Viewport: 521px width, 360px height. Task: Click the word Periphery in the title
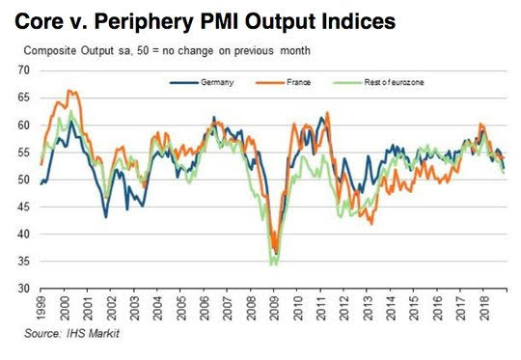(143, 22)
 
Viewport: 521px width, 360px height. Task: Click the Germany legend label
(217, 82)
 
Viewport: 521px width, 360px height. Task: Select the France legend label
(298, 82)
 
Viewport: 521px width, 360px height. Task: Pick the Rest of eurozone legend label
(394, 82)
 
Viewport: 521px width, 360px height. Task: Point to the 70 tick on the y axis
(24, 70)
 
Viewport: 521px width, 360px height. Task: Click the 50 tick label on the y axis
(24, 180)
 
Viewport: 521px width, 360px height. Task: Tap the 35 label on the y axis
(24, 262)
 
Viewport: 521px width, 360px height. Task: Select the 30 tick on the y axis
(24, 289)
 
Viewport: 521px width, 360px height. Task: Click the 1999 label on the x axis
(41, 307)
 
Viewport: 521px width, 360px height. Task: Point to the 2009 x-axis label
(274, 307)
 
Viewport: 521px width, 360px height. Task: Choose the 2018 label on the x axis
(483, 307)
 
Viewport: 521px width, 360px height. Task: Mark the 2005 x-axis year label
(180, 307)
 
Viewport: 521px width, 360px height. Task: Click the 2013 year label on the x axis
(368, 307)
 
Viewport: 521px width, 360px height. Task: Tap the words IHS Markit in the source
(93, 333)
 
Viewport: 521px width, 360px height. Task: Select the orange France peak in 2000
(69, 90)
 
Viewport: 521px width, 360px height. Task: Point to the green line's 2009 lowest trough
(271, 264)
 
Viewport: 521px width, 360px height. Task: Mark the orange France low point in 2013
(371, 224)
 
